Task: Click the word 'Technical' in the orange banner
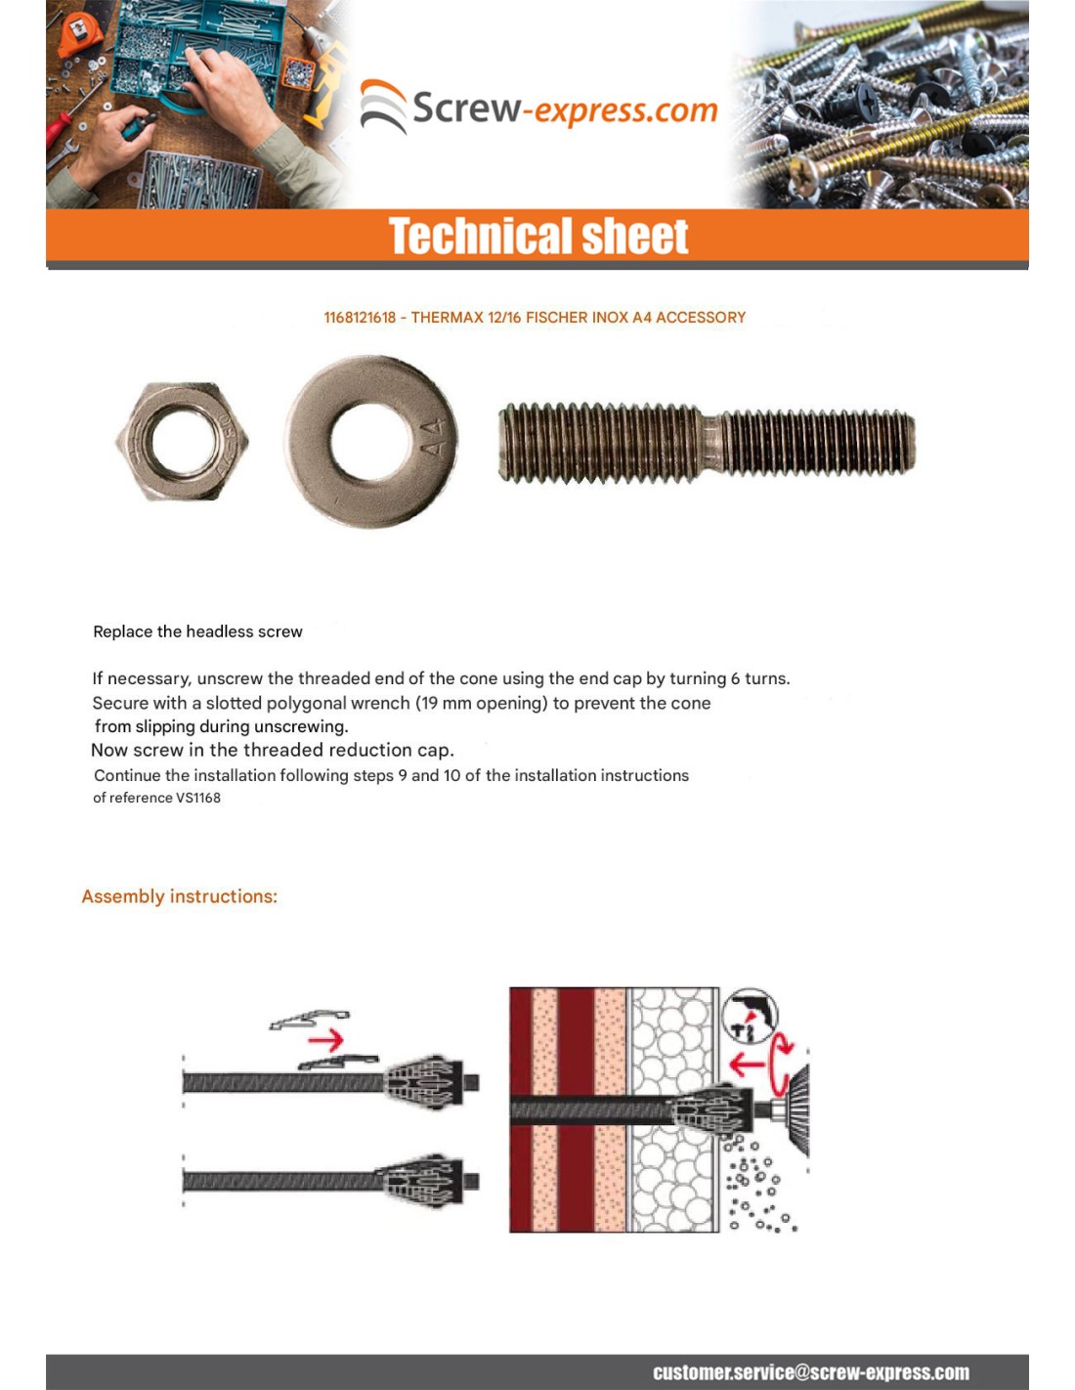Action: tap(463, 237)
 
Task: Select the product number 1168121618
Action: tap(360, 318)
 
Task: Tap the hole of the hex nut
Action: tap(182, 441)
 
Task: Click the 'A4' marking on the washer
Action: tap(433, 437)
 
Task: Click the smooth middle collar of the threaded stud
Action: tap(710, 443)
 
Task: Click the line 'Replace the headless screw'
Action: tap(197, 631)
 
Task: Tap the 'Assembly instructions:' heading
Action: tap(179, 896)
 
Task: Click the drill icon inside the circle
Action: tap(749, 1017)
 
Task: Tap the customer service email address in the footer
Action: tap(810, 1372)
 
